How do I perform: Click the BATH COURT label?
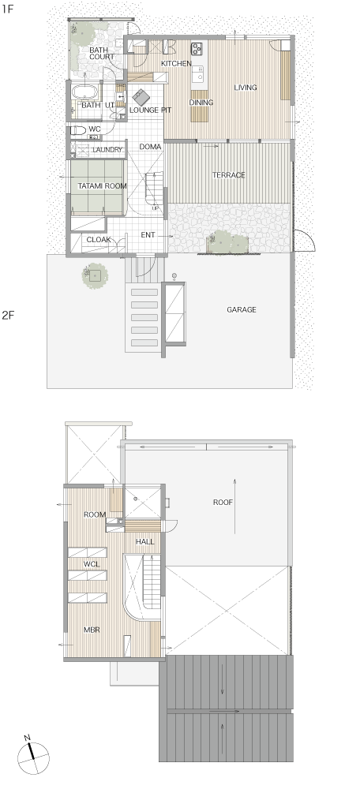tap(102, 54)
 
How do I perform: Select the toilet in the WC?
tap(78, 130)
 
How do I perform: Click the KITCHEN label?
tap(176, 63)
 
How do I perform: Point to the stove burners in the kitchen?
tap(197, 48)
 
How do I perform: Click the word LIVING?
tap(246, 88)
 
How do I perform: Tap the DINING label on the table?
tap(201, 103)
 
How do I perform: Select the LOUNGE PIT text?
tap(151, 110)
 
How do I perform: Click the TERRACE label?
tap(229, 175)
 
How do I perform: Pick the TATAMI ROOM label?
tap(102, 186)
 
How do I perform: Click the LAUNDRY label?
tap(107, 149)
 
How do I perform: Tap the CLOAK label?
tap(99, 240)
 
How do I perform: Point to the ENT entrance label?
tap(148, 235)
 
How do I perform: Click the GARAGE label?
tap(241, 310)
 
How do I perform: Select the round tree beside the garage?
tap(96, 275)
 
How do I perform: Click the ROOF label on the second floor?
tap(223, 502)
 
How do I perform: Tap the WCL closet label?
tap(92, 565)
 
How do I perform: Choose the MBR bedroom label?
tap(92, 630)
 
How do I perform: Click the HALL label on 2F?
tap(145, 542)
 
